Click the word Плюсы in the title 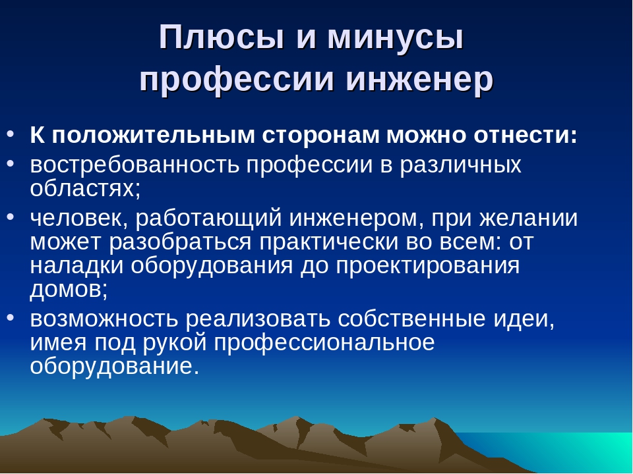(222, 37)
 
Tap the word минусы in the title (395, 37)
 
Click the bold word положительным (153, 136)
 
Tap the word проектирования (427, 267)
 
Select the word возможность (104, 319)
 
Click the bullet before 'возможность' (11, 317)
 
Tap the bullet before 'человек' (11, 217)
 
